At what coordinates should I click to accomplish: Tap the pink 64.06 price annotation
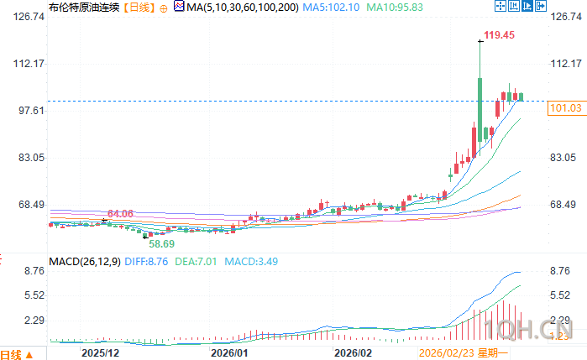(x=120, y=214)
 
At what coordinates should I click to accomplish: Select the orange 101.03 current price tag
(x=564, y=108)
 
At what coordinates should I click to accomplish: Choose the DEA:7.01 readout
(x=198, y=262)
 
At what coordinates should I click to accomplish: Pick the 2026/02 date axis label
(x=352, y=353)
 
